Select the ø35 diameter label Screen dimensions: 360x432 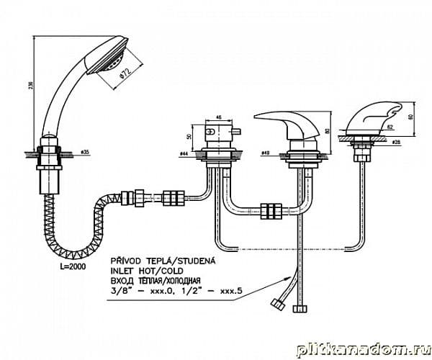[x=84, y=152]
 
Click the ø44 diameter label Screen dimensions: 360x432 [x=183, y=154]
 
